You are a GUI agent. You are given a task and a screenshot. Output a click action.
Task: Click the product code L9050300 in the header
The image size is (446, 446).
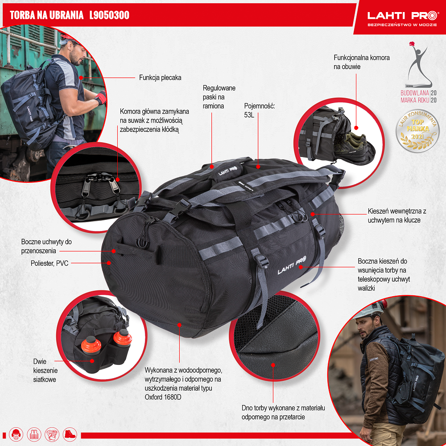(x=109, y=15)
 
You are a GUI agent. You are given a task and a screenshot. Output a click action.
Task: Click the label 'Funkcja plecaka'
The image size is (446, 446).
(x=160, y=77)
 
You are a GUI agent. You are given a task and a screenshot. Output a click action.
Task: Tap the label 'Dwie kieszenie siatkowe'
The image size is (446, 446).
(x=45, y=371)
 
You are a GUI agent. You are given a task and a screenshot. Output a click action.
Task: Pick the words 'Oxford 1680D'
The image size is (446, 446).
(x=163, y=396)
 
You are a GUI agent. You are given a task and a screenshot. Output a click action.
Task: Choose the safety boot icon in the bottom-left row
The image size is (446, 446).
(x=70, y=434)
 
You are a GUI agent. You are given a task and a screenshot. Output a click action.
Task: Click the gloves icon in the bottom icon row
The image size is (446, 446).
(x=52, y=434)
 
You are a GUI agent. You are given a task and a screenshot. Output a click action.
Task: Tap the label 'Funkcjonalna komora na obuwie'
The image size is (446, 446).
(x=361, y=62)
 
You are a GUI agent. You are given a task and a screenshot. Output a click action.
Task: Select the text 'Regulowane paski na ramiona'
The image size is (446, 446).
(x=219, y=97)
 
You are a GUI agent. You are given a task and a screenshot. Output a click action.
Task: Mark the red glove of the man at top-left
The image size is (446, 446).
(x=101, y=97)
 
